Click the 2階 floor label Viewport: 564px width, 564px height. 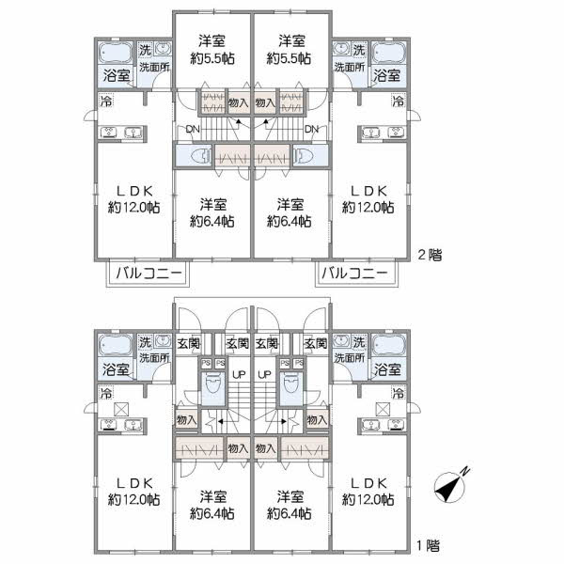429,254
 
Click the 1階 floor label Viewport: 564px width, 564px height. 429,542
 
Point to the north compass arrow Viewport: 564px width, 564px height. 451,488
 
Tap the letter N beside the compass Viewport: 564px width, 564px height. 467,473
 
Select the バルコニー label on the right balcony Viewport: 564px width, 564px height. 353,274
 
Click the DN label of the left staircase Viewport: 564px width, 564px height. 193,129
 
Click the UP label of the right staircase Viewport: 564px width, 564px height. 265,374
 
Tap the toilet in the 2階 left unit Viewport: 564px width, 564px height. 198,156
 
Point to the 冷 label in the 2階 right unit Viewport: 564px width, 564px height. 398,102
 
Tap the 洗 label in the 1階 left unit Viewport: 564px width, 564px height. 145,340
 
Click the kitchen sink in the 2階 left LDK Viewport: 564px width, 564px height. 114,133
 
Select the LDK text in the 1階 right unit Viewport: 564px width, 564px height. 368,483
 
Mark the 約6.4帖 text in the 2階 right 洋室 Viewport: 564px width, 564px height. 290,222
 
